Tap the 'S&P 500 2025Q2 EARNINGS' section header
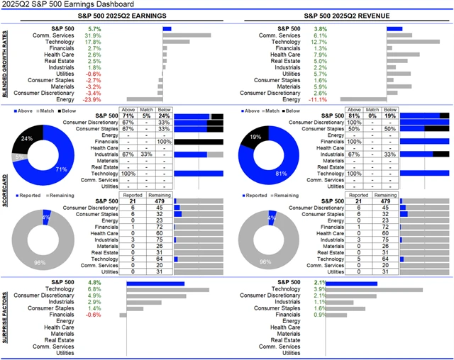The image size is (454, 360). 113,15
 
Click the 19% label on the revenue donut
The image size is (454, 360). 256,136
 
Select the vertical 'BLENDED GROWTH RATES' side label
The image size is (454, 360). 6,64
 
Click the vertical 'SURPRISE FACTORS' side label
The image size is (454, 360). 6,318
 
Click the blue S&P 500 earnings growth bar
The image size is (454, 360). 167,28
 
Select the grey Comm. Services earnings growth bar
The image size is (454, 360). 187,35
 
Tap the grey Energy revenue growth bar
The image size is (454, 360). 363,100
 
